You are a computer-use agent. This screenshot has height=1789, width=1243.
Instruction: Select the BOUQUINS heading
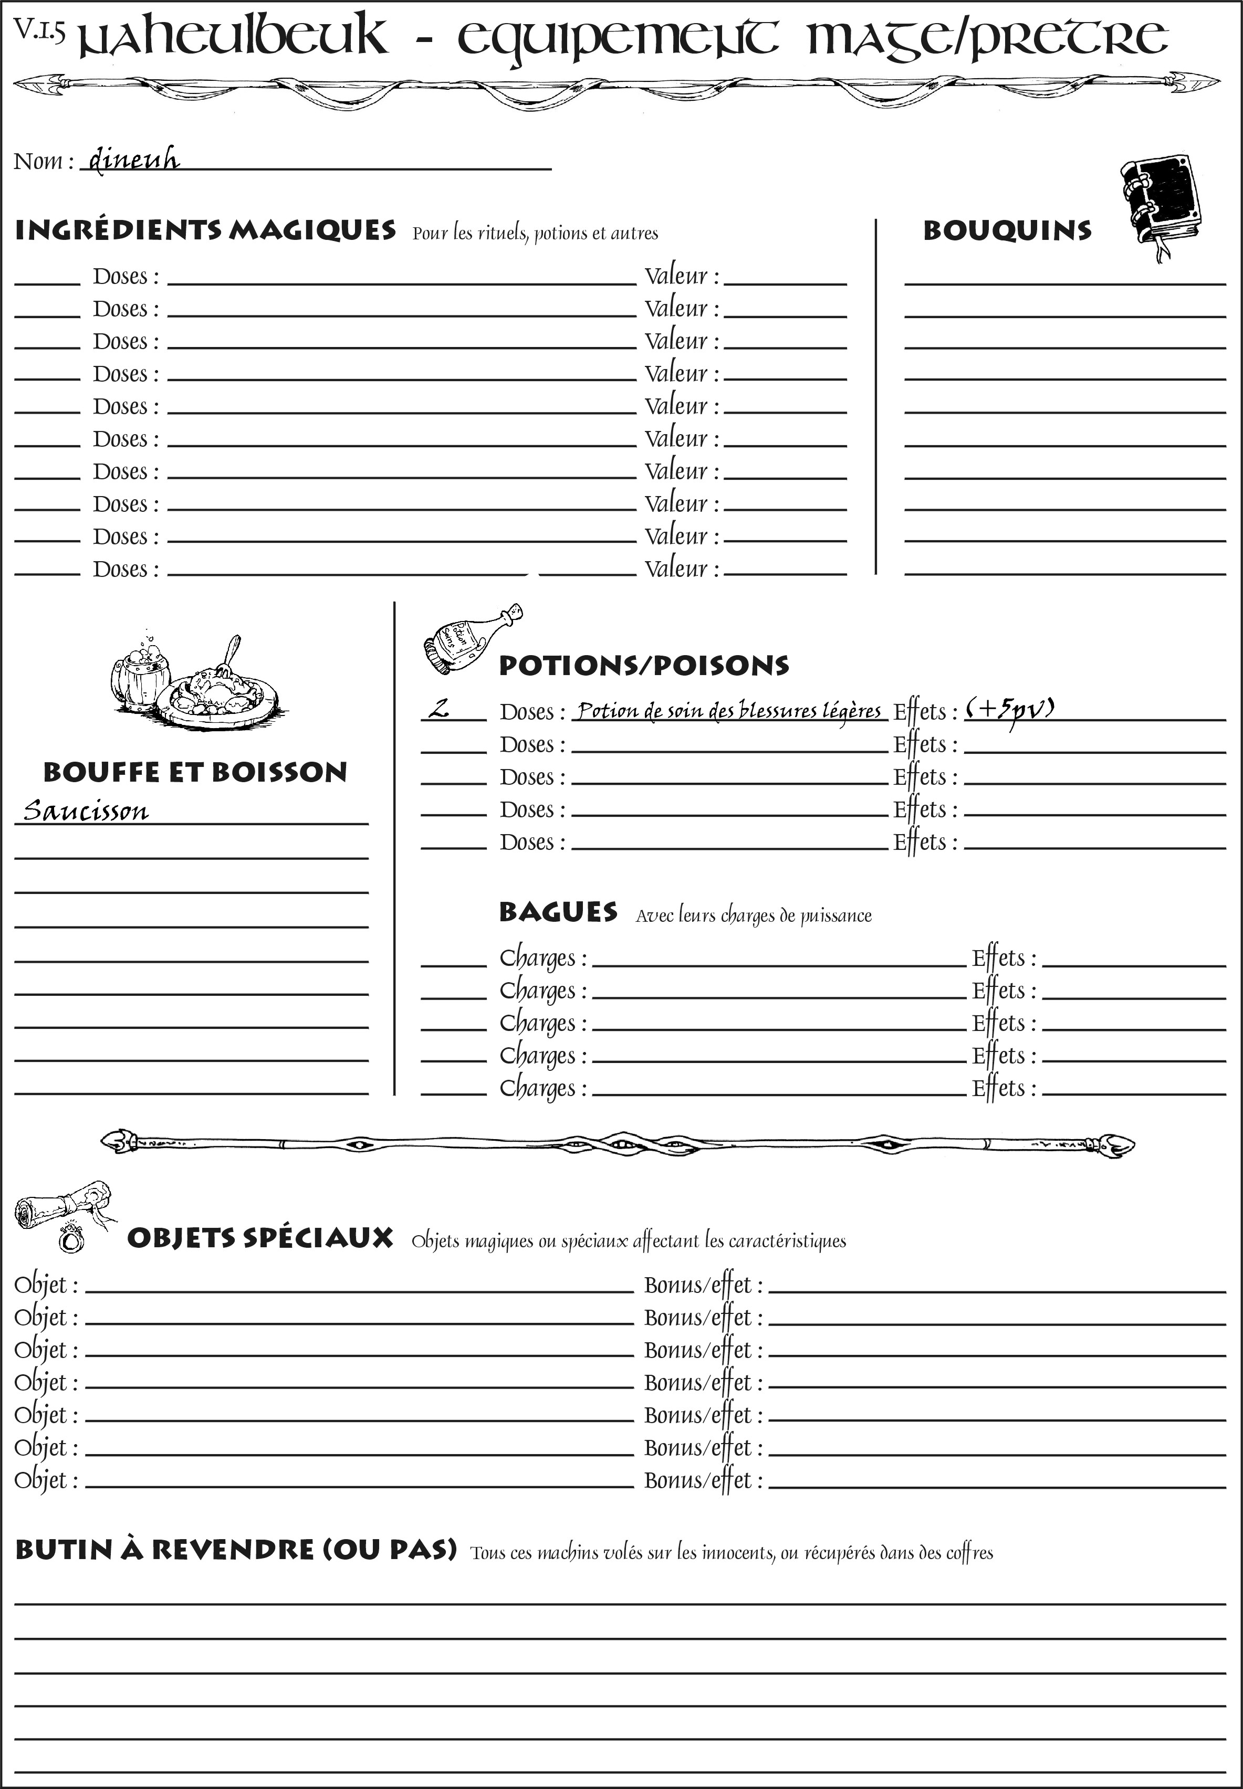(x=1007, y=230)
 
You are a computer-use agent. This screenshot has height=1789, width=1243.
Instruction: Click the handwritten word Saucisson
(x=86, y=811)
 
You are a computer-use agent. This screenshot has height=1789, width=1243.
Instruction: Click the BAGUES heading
(x=558, y=912)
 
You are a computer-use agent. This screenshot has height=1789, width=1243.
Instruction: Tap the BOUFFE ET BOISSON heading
(x=195, y=772)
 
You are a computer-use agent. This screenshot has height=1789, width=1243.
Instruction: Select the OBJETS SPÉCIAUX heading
(x=259, y=1238)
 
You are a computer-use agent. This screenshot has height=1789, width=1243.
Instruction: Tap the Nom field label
(x=43, y=161)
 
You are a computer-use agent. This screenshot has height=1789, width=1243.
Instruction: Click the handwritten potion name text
(x=728, y=711)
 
